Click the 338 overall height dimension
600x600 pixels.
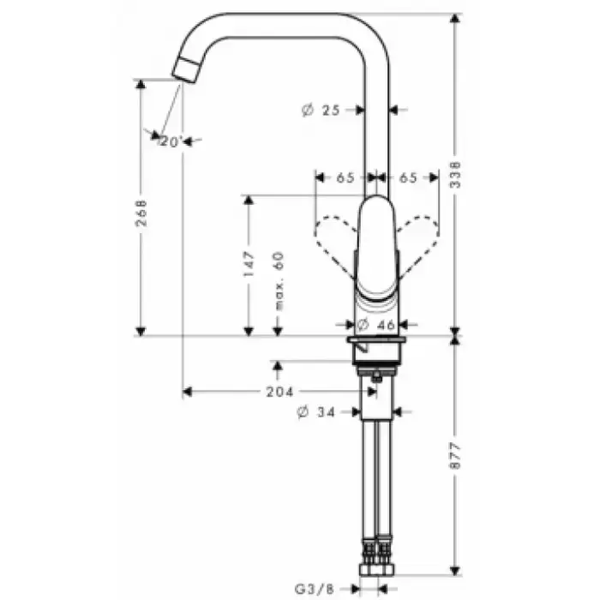pyautogui.click(x=455, y=175)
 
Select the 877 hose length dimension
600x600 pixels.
pyautogui.click(x=455, y=456)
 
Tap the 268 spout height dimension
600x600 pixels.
pyautogui.click(x=141, y=213)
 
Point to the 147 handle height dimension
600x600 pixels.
pyautogui.click(x=249, y=264)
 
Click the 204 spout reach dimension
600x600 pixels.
pyautogui.click(x=279, y=392)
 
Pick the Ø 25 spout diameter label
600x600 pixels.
pyautogui.click(x=321, y=111)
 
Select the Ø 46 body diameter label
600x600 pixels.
pyautogui.click(x=375, y=325)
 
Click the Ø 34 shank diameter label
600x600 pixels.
pyautogui.click(x=316, y=412)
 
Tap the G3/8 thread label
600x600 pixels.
pyautogui.click(x=315, y=589)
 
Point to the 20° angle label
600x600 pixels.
pyautogui.click(x=170, y=142)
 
